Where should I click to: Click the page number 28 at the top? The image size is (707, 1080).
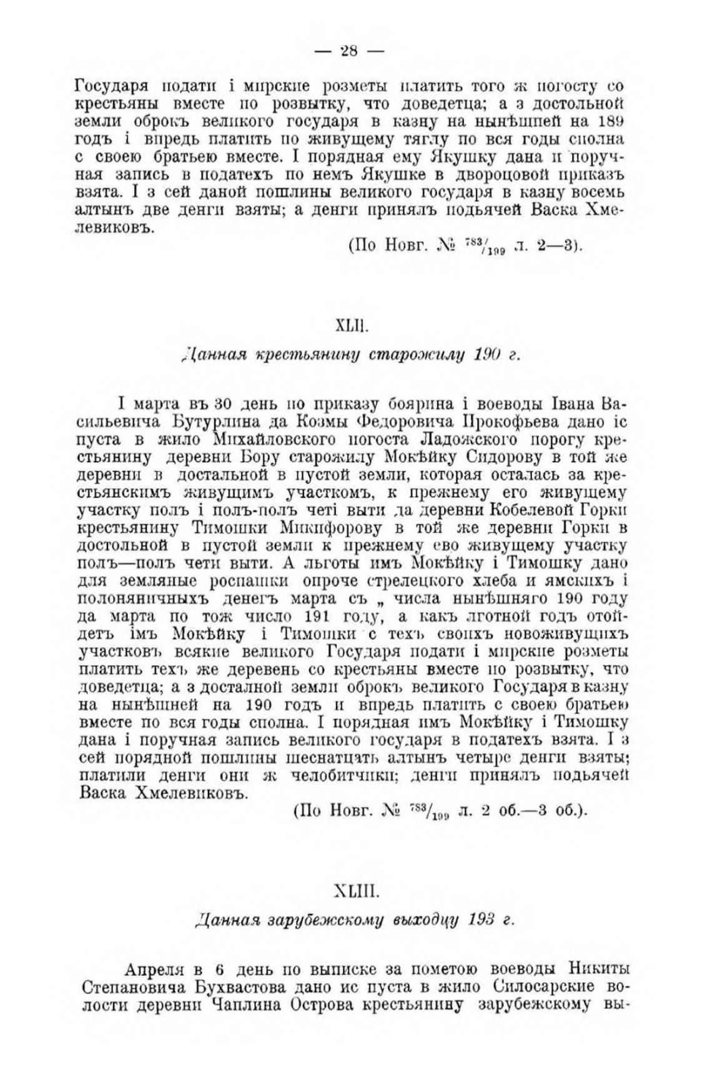tap(348, 51)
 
